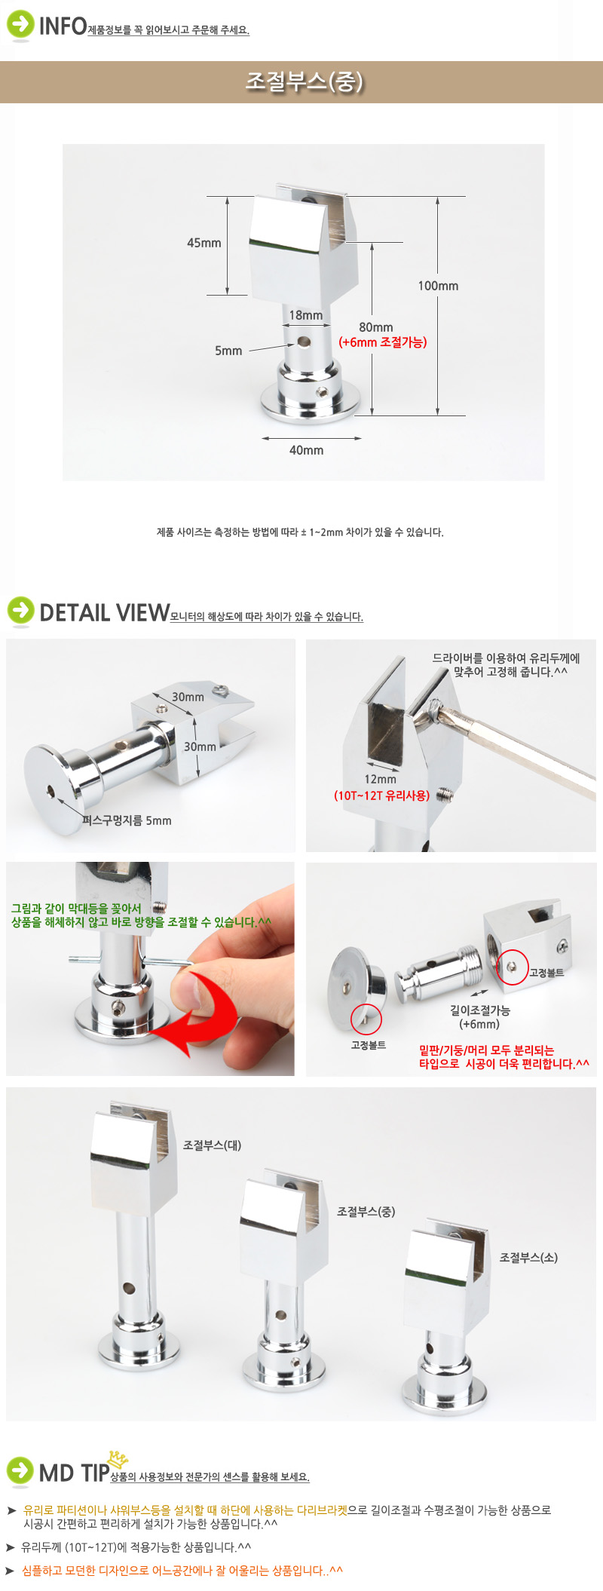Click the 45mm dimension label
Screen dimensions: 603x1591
204,243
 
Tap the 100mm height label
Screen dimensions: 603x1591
438,286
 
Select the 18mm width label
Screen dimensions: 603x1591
306,315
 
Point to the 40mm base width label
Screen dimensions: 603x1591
306,450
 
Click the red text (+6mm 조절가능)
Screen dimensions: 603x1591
383,342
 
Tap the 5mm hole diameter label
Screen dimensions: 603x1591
228,351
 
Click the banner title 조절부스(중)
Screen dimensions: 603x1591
305,81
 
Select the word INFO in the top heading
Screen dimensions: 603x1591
63,26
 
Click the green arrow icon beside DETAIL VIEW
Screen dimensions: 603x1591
20,611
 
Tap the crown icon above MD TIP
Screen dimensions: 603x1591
118,1459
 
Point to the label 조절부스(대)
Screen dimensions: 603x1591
213,1145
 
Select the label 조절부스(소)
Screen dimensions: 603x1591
528,1258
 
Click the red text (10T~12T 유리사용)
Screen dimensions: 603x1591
382,795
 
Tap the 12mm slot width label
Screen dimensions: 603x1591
380,780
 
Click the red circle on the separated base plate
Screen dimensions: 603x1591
366,1019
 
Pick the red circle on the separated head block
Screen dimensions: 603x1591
513,967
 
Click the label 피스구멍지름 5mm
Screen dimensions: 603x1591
127,820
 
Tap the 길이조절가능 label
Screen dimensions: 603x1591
479,1010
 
